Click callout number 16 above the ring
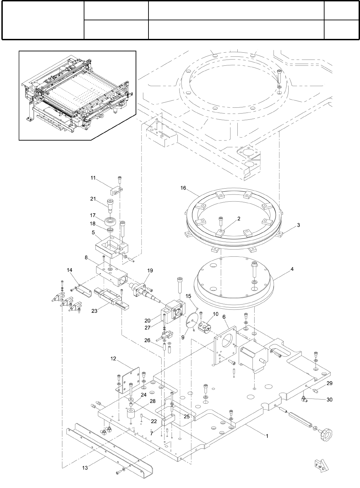pos(183,188)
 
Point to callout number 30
pos(330,400)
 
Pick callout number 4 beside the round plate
pos(292,269)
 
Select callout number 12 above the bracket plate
pos(114,358)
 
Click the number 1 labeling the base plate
pos(266,435)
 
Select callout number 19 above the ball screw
pos(150,270)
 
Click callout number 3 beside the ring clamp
pos(298,225)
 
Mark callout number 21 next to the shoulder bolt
pos(93,199)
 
